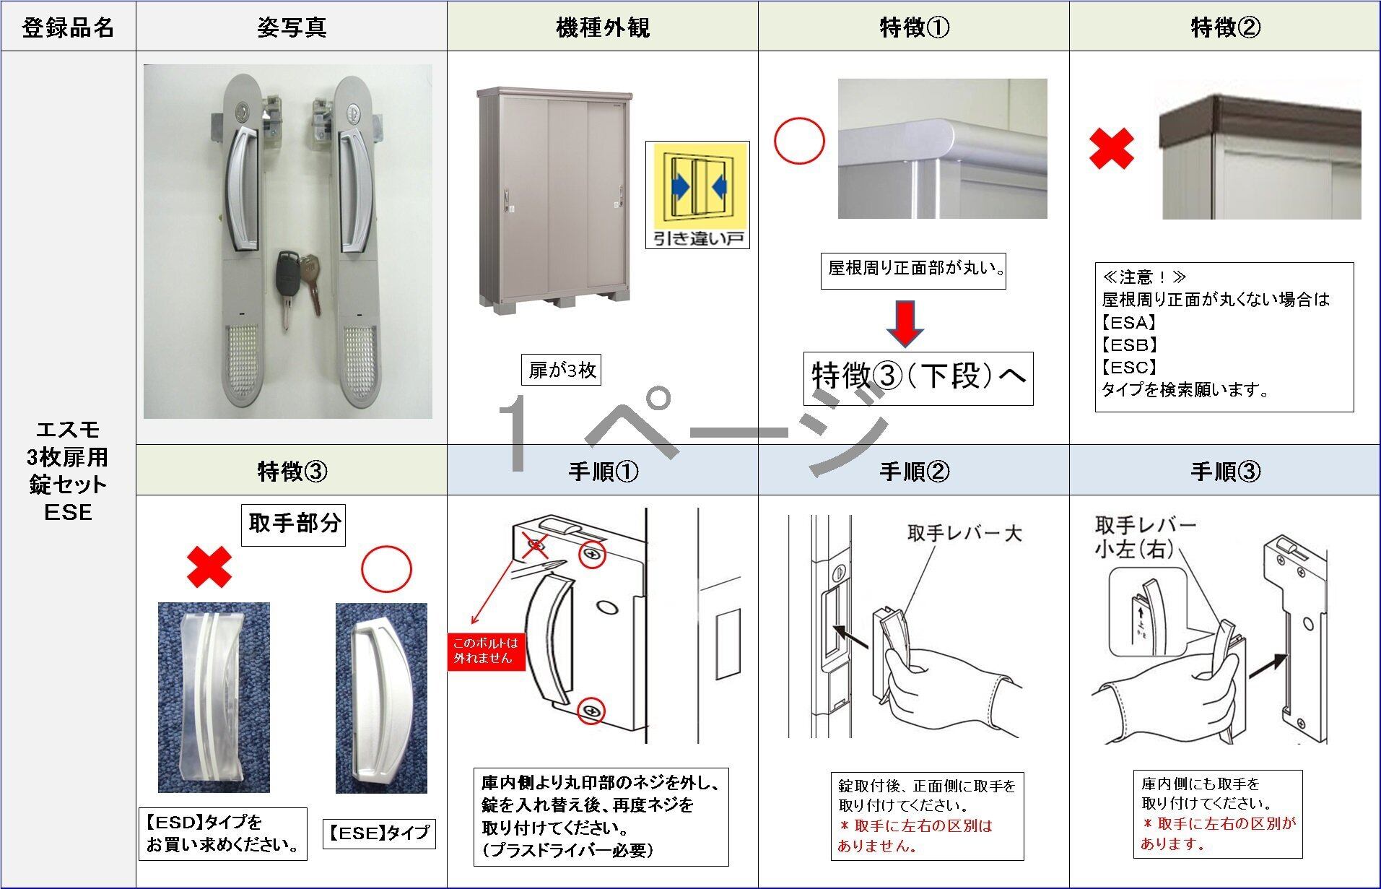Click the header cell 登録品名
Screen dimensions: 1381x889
coord(68,27)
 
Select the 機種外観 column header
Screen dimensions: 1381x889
coord(602,27)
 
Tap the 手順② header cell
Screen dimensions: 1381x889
coord(913,472)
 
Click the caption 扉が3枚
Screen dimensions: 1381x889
coord(562,370)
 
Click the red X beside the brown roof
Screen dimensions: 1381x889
coord(1111,149)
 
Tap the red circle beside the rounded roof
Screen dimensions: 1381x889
coord(799,142)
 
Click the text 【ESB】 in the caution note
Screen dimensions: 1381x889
coord(1130,344)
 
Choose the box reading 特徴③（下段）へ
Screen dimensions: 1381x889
coord(918,378)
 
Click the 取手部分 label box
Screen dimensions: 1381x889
coord(293,524)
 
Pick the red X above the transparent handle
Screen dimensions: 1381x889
coord(209,567)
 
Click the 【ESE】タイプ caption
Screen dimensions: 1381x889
coord(378,833)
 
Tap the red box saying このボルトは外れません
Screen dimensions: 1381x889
coord(486,650)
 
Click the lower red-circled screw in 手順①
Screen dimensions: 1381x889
coord(592,711)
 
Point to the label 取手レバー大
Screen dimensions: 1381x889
coord(964,533)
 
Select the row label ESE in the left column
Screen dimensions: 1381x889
coord(68,512)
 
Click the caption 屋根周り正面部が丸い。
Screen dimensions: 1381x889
coord(913,269)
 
